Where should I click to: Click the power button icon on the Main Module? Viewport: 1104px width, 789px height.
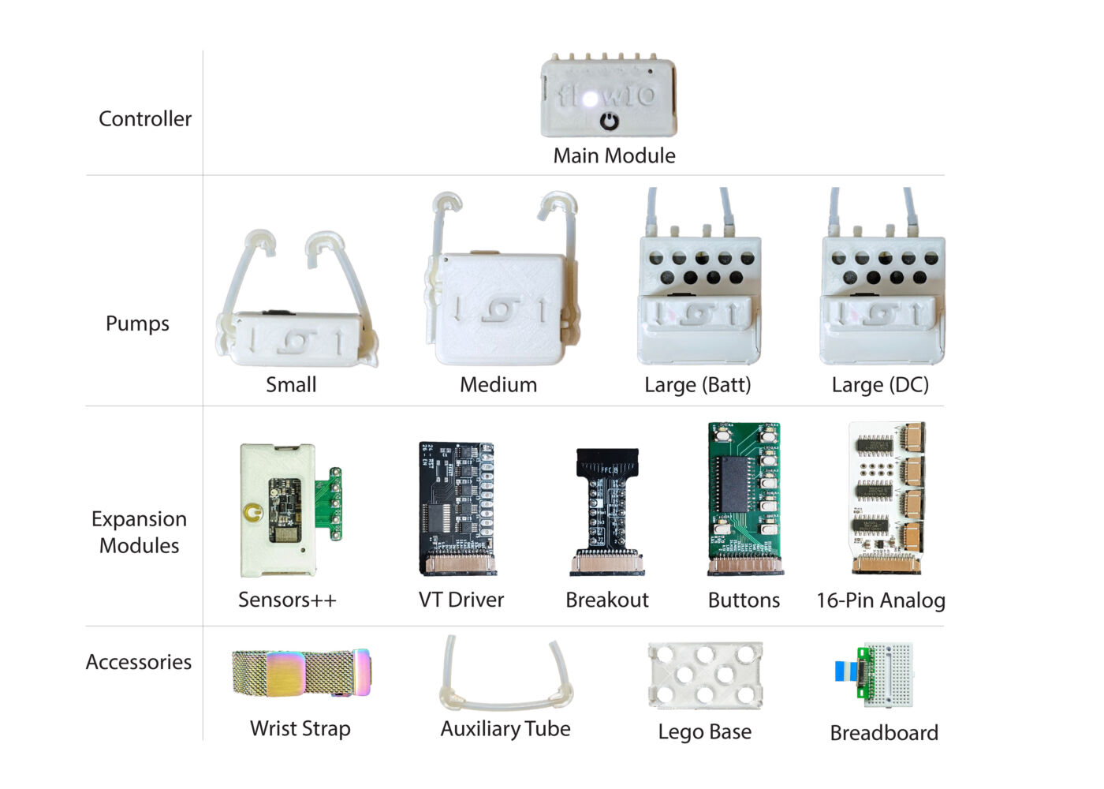(609, 122)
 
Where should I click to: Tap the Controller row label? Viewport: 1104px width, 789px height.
(145, 118)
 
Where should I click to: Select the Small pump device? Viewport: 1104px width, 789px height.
(297, 339)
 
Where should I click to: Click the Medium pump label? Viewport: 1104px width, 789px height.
(498, 385)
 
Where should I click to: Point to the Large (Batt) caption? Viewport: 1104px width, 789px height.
(698, 385)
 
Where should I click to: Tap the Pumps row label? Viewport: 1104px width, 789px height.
(137, 323)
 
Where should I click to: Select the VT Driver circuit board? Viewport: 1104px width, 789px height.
(457, 505)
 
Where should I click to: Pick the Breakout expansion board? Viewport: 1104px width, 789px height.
(606, 509)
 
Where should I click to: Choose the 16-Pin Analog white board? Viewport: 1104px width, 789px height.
(886, 497)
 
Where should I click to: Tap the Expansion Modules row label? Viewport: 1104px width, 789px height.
(139, 532)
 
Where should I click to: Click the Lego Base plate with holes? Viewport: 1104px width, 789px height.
(705, 675)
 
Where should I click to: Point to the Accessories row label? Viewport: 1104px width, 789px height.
(139, 662)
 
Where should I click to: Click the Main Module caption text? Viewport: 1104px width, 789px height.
(614, 155)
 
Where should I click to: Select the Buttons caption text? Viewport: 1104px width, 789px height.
(744, 600)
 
